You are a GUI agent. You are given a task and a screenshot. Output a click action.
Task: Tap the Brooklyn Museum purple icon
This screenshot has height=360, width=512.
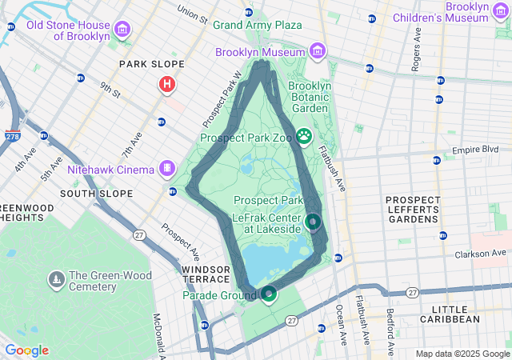pos(318,53)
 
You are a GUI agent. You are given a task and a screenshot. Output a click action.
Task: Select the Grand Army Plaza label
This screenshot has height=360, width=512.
pos(257,26)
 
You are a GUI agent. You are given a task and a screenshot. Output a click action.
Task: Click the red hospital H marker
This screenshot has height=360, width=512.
pos(166,84)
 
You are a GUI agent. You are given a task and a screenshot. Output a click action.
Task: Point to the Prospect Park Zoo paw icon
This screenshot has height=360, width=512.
pos(304,137)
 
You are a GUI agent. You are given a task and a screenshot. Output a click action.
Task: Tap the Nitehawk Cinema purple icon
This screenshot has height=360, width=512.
pos(166,169)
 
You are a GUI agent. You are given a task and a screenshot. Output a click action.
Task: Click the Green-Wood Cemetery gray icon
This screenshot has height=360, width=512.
pos(57,279)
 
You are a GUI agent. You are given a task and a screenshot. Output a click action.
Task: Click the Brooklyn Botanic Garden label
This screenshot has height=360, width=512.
pos(309,97)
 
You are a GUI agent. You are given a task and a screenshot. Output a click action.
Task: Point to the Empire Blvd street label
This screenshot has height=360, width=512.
pos(475,150)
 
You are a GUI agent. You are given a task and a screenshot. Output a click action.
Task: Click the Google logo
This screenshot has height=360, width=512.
pos(26,350)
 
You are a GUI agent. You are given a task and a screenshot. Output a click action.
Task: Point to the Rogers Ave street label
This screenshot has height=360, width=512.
pos(416,53)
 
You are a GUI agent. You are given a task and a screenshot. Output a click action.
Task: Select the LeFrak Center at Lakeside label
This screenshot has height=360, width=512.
pos(266,222)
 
